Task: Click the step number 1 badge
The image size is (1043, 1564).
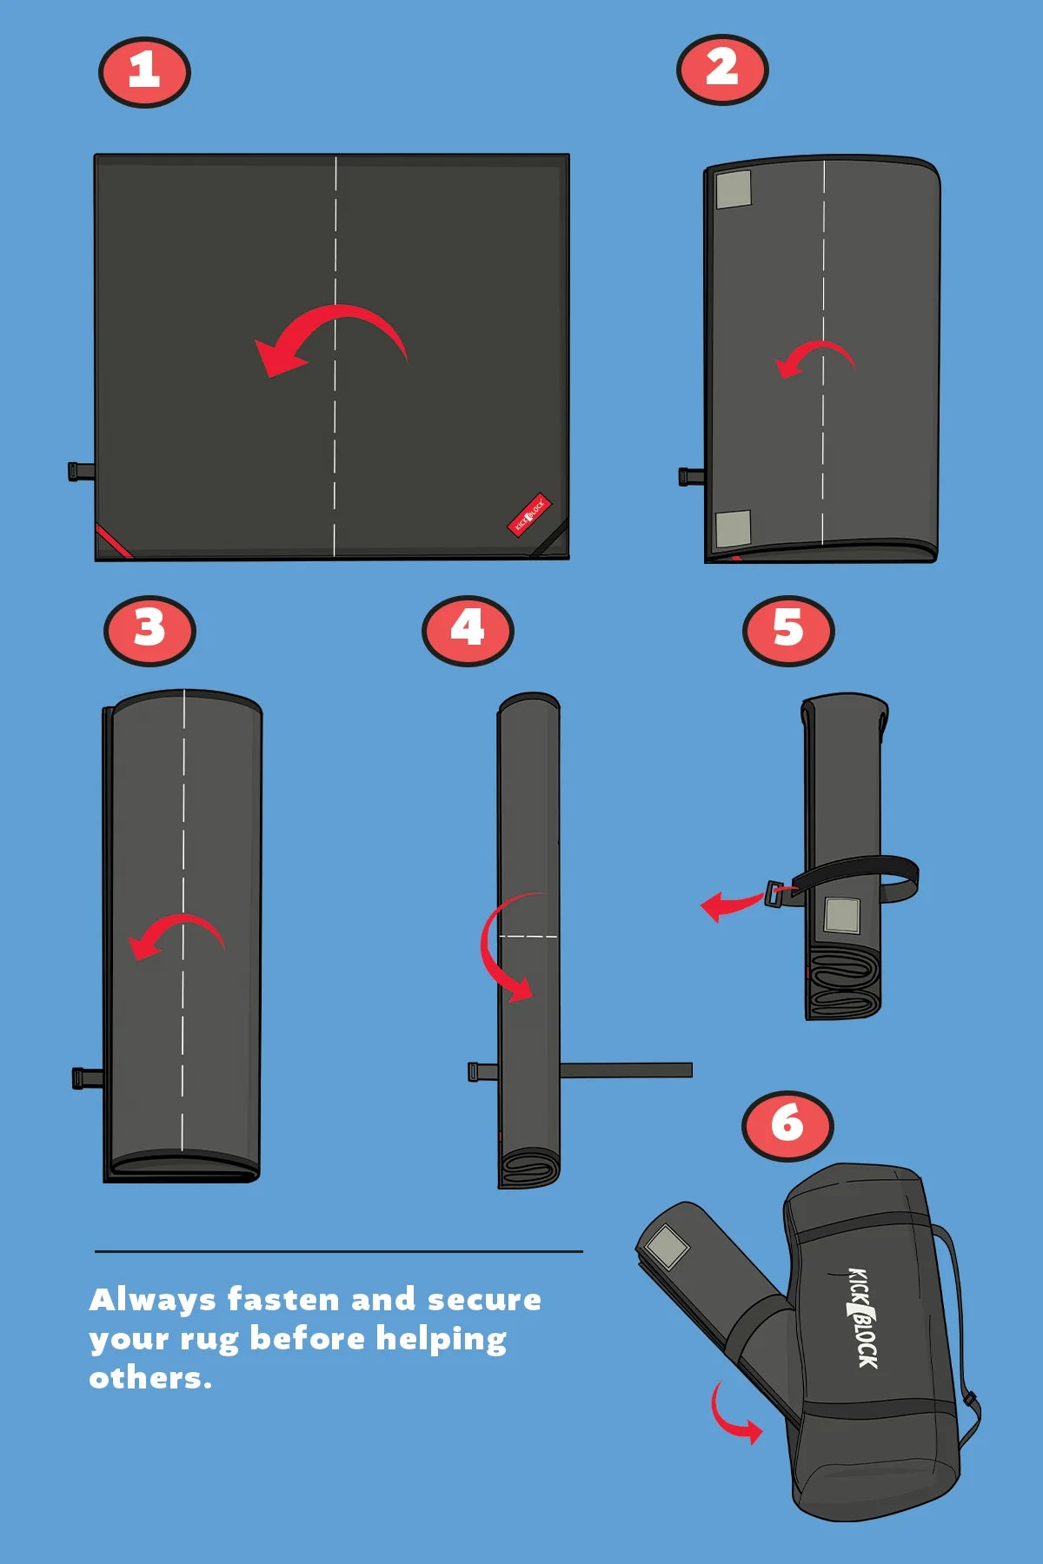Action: [144, 71]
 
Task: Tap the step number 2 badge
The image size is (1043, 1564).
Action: [722, 70]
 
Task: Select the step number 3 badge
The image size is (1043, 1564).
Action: [149, 630]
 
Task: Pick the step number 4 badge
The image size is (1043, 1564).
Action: [468, 630]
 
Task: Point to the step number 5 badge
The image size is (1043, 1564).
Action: [788, 630]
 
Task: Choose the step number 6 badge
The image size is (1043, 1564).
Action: [787, 1125]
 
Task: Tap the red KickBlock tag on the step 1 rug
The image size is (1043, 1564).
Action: [528, 515]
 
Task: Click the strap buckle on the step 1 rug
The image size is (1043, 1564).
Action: [82, 471]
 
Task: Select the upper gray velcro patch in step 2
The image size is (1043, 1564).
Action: [734, 189]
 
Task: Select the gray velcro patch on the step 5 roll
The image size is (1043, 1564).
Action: [841, 915]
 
